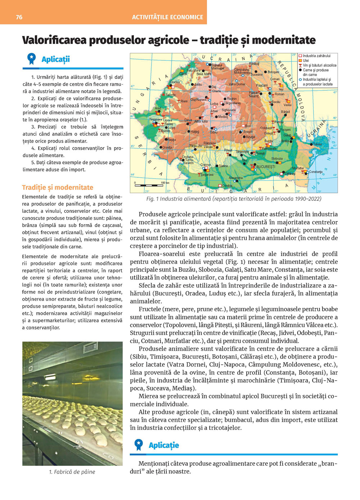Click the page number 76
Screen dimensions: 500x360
(19, 17)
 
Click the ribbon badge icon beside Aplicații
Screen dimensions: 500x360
(32, 59)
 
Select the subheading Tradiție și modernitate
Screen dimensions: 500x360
(58, 187)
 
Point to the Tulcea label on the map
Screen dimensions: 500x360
(317, 144)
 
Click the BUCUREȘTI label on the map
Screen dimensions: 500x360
(266, 167)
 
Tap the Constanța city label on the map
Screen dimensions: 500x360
(316, 172)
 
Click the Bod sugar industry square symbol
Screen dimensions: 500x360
(243, 126)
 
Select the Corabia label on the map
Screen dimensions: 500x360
(227, 186)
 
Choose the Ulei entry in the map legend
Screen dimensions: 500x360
(306, 60)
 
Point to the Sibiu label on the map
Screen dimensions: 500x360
(214, 132)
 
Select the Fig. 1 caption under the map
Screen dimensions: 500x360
(234, 199)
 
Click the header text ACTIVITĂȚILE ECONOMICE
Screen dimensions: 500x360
(167, 17)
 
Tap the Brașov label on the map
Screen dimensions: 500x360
(248, 132)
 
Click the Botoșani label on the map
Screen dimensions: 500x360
(274, 72)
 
